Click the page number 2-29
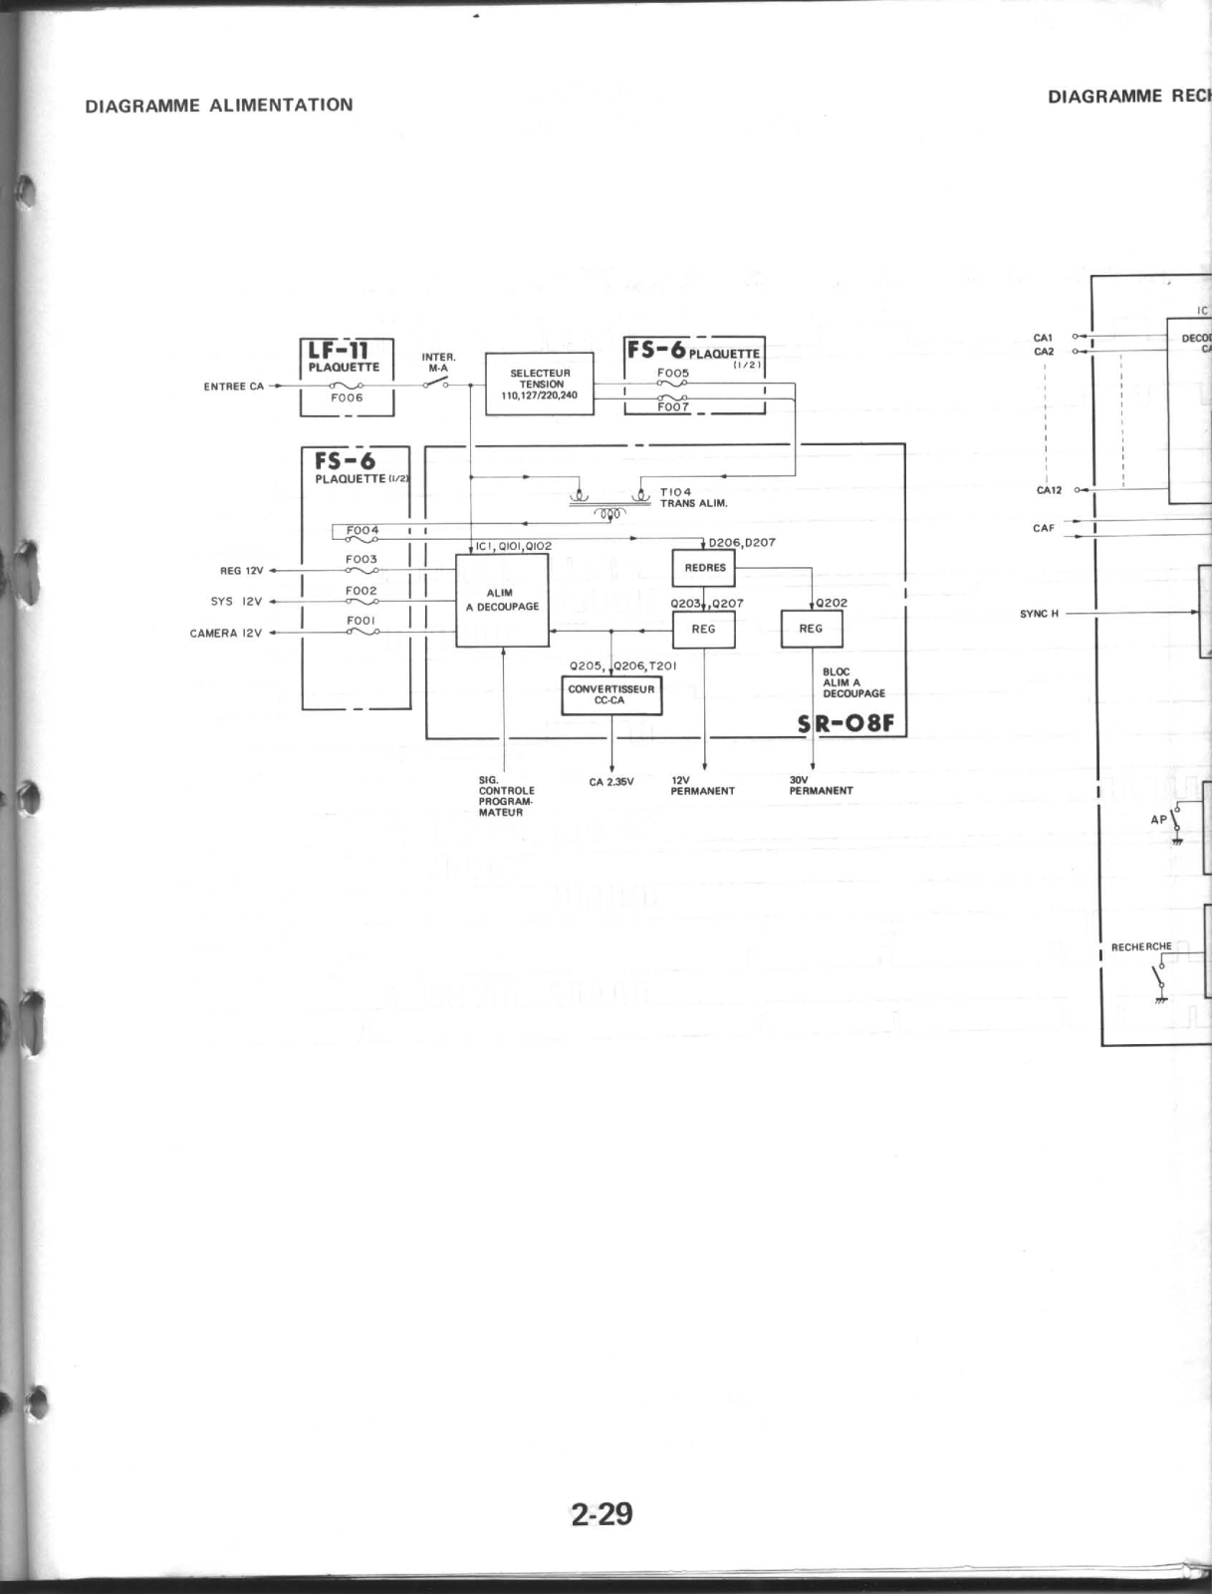pos(602,1514)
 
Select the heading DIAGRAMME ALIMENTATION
pos(219,105)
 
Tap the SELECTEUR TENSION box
pos(539,384)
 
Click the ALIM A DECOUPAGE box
pos(502,600)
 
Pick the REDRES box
pos(704,568)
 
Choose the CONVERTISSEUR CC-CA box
pos(611,694)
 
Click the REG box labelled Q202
pos(811,629)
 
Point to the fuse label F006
pos(347,398)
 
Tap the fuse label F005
pos(673,373)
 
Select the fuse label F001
pos(361,621)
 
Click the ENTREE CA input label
pos(234,387)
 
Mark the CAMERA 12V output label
pos(226,634)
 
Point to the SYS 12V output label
pos(236,602)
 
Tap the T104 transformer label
pos(675,492)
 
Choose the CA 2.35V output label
pos(611,782)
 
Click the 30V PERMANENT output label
pos(821,786)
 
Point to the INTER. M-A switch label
pos(438,362)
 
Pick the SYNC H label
pos(1039,614)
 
